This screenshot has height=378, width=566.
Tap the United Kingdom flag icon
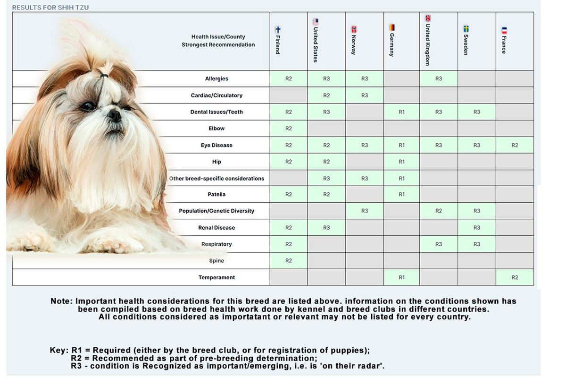pyautogui.click(x=428, y=18)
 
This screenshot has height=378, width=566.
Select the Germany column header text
pyautogui.click(x=391, y=45)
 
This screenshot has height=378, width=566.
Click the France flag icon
pyautogui.click(x=504, y=30)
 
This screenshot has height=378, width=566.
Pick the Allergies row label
pyautogui.click(x=216, y=79)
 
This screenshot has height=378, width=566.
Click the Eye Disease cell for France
pyautogui.click(x=515, y=145)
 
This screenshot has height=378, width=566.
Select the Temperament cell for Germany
pyautogui.click(x=401, y=277)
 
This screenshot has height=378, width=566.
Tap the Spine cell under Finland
pyautogui.click(x=289, y=261)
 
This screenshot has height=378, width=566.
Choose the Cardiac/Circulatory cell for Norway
pyautogui.click(x=365, y=95)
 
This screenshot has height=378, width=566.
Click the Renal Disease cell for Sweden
pyautogui.click(x=477, y=228)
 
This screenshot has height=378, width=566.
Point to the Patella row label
pyautogui.click(x=216, y=195)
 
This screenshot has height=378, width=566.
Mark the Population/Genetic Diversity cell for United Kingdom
pyautogui.click(x=439, y=211)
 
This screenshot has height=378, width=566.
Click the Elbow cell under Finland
pyautogui.click(x=289, y=129)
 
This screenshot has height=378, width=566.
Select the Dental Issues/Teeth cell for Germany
pyautogui.click(x=401, y=112)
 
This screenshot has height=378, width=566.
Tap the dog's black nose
pyautogui.click(x=114, y=115)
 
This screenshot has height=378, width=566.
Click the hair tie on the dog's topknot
pyautogui.click(x=103, y=75)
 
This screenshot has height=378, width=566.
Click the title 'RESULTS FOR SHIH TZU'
pyautogui.click(x=50, y=8)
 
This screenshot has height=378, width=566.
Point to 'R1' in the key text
pyautogui.click(x=77, y=351)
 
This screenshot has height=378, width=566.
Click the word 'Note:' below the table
pyautogui.click(x=61, y=301)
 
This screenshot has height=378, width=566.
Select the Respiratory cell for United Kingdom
pyautogui.click(x=439, y=244)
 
